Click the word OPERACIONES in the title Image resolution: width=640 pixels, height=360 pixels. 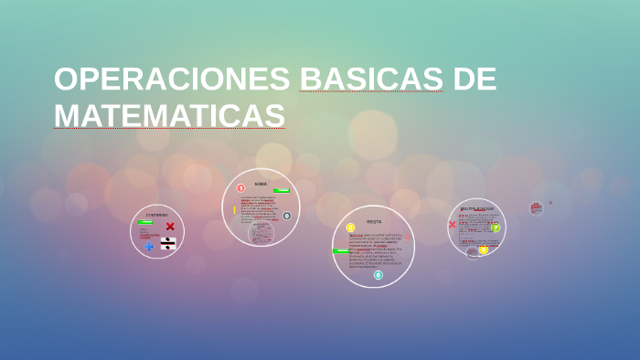[172, 79]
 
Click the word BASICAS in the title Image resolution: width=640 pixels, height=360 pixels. [371, 79]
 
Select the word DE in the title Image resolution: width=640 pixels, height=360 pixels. [475, 79]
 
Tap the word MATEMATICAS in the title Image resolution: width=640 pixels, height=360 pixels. [169, 116]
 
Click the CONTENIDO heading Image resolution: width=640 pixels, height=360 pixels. [157, 215]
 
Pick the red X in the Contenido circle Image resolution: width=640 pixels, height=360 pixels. [170, 227]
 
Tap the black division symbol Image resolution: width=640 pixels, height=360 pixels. [168, 244]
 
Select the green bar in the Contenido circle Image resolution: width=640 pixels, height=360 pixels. [145, 222]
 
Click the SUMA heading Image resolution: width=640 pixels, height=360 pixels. [261, 184]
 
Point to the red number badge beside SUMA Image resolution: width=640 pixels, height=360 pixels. [240, 188]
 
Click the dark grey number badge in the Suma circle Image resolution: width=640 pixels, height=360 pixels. [287, 216]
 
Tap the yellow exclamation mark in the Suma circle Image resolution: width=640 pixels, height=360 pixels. [234, 210]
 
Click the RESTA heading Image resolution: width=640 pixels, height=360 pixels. [374, 221]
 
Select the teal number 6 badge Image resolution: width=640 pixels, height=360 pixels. [378, 275]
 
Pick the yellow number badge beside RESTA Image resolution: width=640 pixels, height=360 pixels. [350, 228]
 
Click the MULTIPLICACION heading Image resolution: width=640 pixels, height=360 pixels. [476, 208]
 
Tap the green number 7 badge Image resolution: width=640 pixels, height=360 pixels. [496, 228]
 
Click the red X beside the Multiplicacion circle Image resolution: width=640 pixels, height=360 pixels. [452, 225]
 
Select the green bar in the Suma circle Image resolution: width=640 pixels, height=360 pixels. [282, 191]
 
